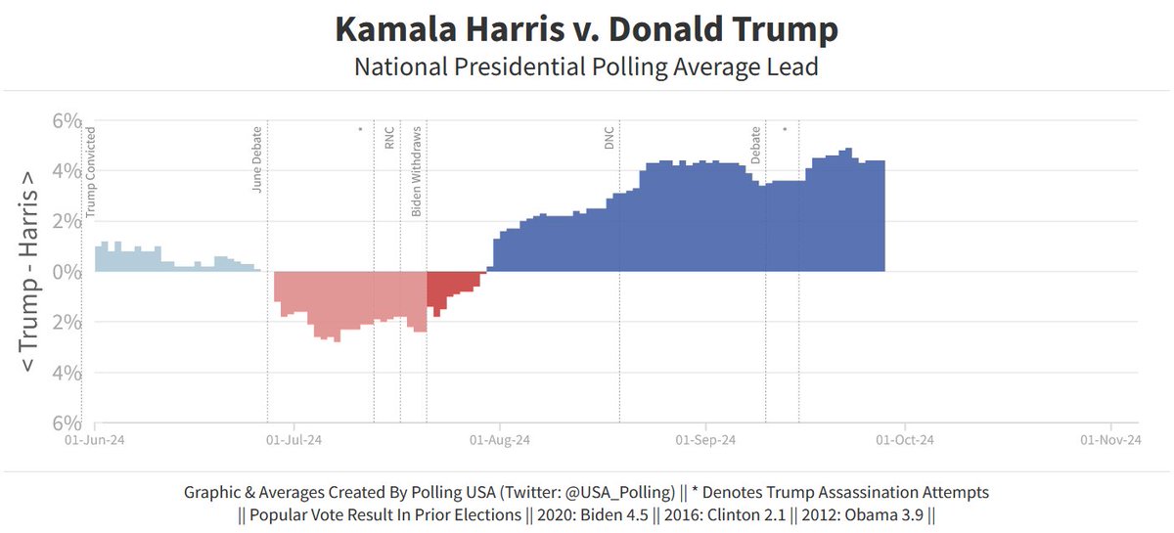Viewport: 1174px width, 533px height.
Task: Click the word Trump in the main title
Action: tap(782, 29)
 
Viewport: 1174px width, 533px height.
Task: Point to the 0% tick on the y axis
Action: tap(66, 272)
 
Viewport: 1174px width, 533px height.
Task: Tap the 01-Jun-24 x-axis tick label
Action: tap(95, 440)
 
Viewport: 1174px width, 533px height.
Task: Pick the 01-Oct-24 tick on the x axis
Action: tap(905, 440)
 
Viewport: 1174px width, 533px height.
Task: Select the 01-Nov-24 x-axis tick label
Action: tap(1111, 440)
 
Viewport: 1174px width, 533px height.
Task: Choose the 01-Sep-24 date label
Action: tap(704, 440)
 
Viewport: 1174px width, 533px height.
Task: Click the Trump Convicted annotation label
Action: tap(91, 171)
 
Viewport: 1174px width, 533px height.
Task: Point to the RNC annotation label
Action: tap(389, 138)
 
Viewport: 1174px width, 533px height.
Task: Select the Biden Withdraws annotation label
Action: tap(417, 171)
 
